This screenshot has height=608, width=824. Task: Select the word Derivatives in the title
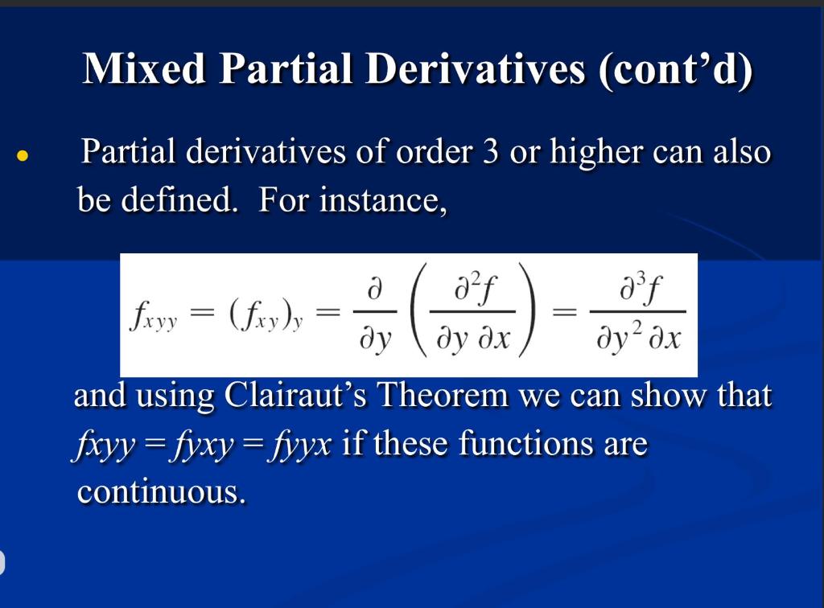(475, 69)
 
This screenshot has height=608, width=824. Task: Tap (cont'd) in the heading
(674, 69)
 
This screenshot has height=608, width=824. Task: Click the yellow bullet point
(24, 155)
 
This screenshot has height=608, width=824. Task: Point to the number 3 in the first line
(490, 151)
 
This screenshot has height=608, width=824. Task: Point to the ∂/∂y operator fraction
(374, 315)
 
